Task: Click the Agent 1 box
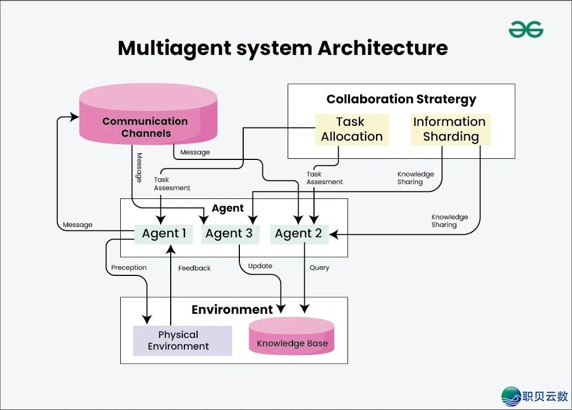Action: tap(164, 234)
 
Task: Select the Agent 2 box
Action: tap(299, 234)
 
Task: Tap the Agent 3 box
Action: tap(229, 234)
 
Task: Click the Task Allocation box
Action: tap(352, 130)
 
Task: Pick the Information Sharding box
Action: tap(450, 130)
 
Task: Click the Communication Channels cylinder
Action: tap(146, 121)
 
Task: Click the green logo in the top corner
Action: tap(525, 30)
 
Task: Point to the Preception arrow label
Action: tap(129, 268)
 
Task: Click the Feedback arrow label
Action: tap(194, 268)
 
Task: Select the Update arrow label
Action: tap(260, 266)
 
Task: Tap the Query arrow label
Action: tap(319, 268)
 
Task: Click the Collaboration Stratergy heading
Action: tap(401, 99)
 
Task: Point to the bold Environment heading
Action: tap(232, 309)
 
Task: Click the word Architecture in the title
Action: tap(383, 48)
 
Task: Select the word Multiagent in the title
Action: tap(174, 48)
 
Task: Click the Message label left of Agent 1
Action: tap(77, 225)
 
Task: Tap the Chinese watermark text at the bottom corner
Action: tap(546, 396)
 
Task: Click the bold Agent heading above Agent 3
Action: tap(228, 208)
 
